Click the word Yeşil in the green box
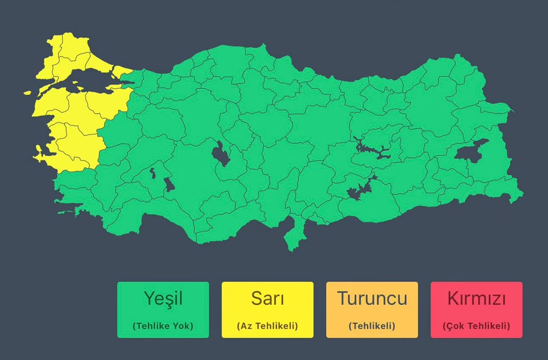[x=163, y=298]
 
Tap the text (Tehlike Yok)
[x=163, y=326]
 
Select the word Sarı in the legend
[x=267, y=298]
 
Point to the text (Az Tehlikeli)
[x=267, y=326]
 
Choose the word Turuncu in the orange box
[x=372, y=298]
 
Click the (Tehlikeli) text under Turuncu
[x=372, y=326]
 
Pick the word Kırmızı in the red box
[x=476, y=298]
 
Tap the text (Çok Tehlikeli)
[x=476, y=326]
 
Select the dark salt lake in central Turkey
[x=221, y=153]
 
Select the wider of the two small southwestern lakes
[x=169, y=184]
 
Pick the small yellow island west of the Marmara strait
[x=28, y=93]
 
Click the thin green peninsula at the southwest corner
[x=66, y=212]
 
